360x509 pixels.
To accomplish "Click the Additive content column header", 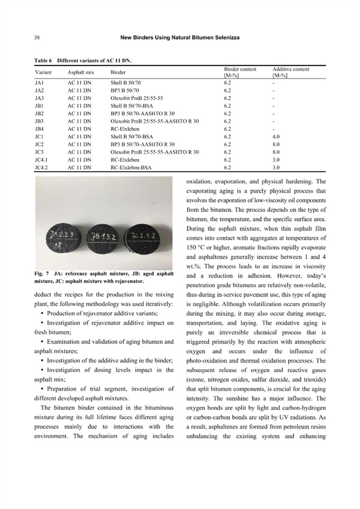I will [x=290, y=70].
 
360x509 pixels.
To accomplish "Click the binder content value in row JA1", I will [x=227, y=80].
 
